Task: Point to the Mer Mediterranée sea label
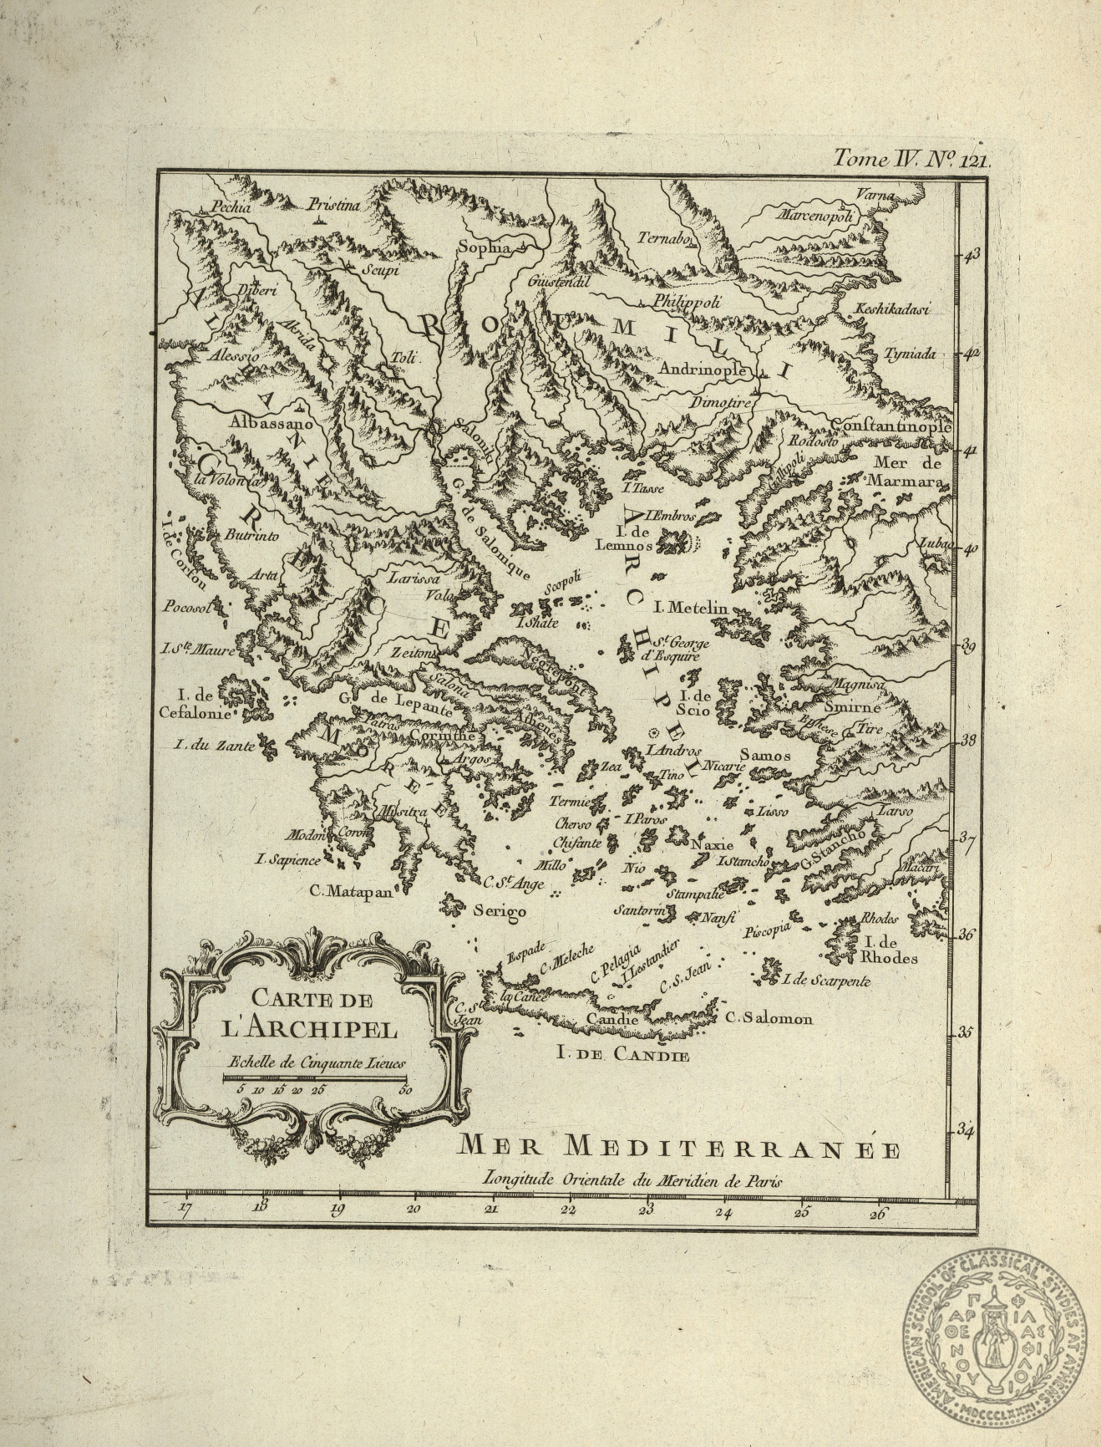pos(679,1149)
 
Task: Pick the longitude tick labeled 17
pos(185,1208)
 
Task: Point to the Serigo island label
pos(499,910)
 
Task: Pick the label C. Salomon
pos(769,1018)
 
